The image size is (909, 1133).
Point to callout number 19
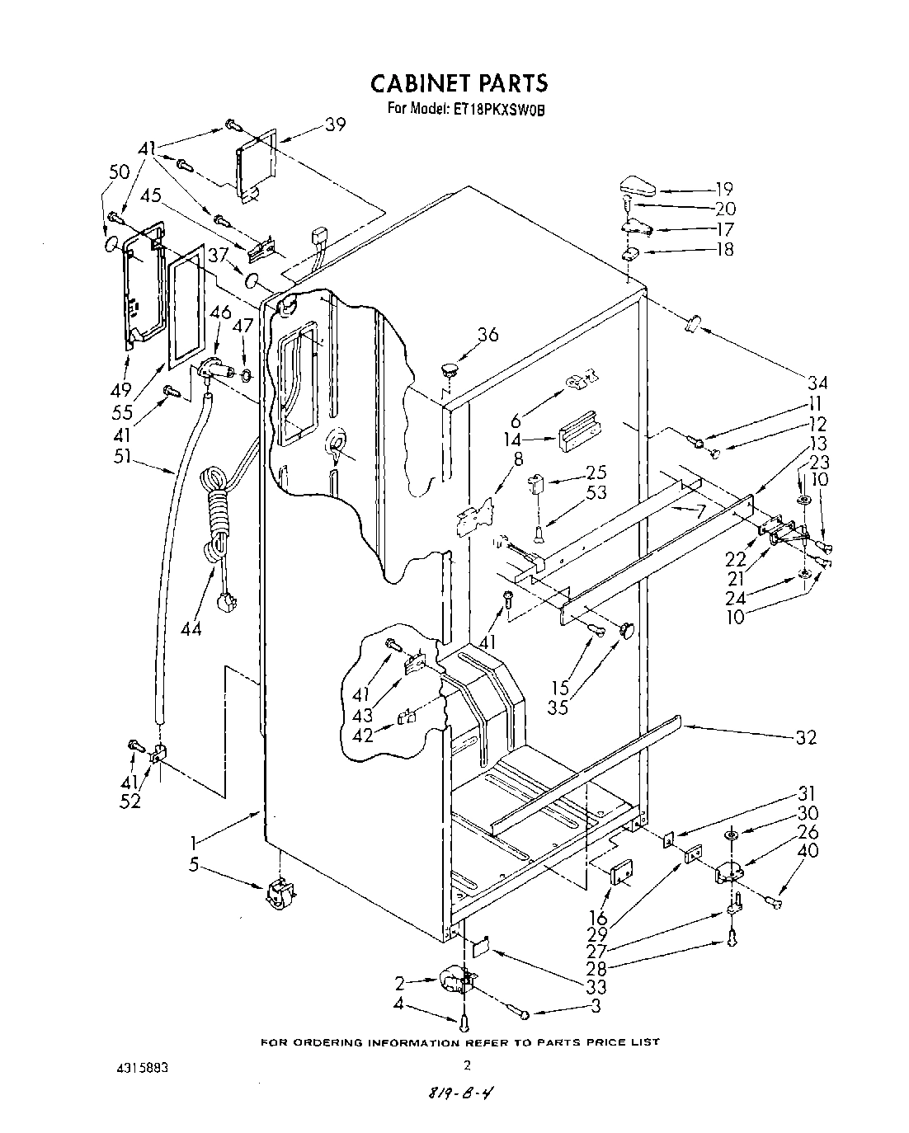click(x=723, y=189)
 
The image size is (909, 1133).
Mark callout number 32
click(x=806, y=737)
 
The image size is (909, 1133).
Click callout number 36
click(x=488, y=334)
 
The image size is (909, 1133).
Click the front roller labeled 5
click(x=278, y=894)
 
